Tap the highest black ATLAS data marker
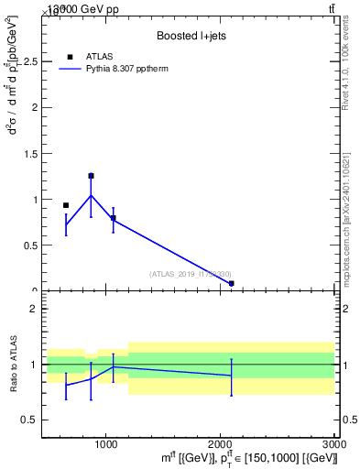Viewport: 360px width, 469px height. (91, 176)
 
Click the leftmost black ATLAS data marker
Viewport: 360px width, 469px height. (66, 205)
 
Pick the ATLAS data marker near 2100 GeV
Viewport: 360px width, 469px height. (231, 284)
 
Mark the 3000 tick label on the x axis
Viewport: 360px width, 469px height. (333, 442)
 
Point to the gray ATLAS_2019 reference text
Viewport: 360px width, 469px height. (190, 274)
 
